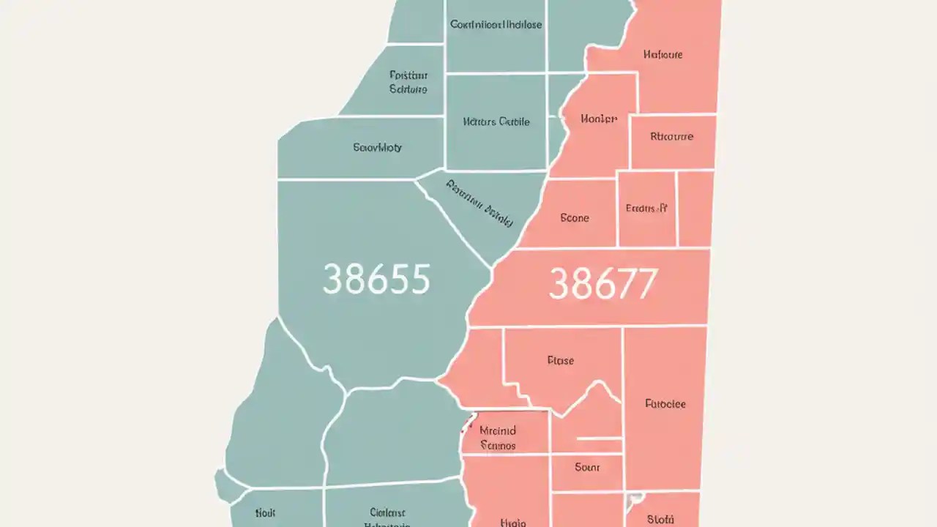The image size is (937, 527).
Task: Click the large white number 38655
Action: tap(376, 279)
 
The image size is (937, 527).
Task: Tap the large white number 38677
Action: tap(603, 284)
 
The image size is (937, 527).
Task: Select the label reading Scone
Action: tap(575, 217)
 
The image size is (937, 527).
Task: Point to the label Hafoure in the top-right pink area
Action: tap(663, 54)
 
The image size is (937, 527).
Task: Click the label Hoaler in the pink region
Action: tap(599, 119)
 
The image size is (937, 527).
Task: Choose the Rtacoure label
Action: tap(672, 136)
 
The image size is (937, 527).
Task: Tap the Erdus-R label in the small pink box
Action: tap(646, 208)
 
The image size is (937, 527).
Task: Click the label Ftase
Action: tap(561, 360)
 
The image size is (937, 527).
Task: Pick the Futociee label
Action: tap(665, 403)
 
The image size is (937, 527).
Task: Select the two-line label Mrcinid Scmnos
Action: tap(498, 438)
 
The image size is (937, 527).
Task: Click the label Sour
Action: tap(587, 467)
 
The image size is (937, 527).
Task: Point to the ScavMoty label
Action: tap(378, 147)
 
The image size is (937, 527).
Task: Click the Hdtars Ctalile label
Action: tap(496, 122)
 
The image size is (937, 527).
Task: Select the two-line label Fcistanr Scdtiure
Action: tap(408, 82)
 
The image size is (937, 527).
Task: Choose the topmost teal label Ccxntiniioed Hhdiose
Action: tap(496, 24)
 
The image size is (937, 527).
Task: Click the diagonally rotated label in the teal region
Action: tap(479, 203)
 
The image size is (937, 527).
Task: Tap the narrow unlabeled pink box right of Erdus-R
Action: tap(695, 209)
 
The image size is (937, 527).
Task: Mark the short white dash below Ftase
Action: tap(599, 438)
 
